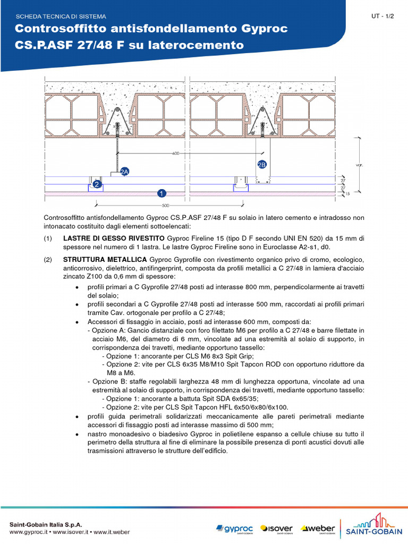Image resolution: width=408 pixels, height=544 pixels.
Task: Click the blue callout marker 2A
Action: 125,172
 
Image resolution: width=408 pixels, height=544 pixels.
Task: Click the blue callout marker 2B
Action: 261,165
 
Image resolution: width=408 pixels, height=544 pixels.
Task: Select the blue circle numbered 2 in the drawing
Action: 97,184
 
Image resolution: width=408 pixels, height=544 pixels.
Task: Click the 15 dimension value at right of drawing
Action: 348,194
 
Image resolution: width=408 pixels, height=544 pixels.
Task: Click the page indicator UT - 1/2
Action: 383,16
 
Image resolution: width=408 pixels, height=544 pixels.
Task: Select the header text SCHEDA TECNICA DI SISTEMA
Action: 61,17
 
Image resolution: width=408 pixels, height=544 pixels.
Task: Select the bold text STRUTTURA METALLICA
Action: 105,259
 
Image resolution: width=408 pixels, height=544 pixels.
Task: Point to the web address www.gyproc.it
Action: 29,532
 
